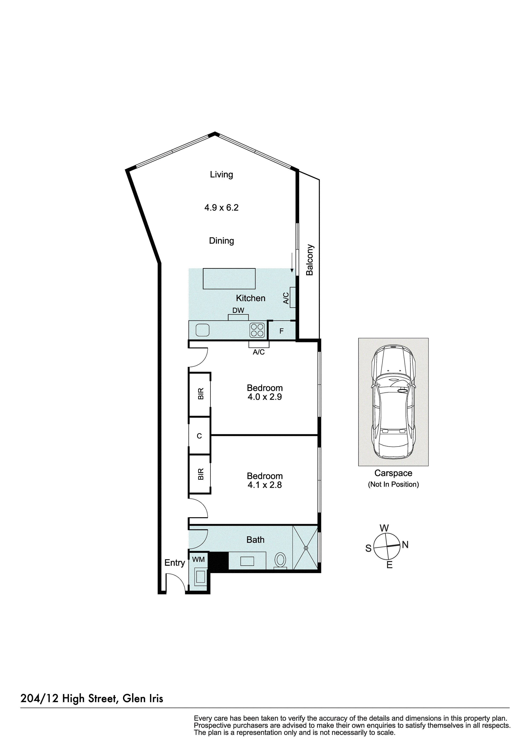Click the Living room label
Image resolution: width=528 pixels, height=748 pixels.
click(x=221, y=175)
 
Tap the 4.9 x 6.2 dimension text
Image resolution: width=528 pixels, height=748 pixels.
click(x=221, y=208)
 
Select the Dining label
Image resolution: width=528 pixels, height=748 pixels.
click(x=221, y=241)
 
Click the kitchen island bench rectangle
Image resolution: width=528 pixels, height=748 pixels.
click(x=229, y=279)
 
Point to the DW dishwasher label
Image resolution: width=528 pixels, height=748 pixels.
click(x=238, y=310)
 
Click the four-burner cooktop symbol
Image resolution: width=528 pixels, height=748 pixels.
click(x=257, y=330)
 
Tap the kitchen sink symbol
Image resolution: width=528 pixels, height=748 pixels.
click(x=202, y=330)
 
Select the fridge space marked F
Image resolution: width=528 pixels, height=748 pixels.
click(x=281, y=331)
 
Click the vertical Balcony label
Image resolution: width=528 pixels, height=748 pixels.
click(x=310, y=260)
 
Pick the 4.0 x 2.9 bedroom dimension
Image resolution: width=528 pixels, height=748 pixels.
click(x=264, y=397)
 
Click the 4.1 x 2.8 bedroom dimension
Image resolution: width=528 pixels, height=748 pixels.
click(x=264, y=485)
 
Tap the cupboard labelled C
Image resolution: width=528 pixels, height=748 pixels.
click(x=199, y=436)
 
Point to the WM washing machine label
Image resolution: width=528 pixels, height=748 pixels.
click(x=198, y=559)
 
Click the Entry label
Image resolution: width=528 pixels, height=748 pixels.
click(x=175, y=563)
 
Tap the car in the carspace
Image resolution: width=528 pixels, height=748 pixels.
click(x=393, y=401)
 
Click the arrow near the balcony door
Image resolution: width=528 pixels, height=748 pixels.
click(x=292, y=264)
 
